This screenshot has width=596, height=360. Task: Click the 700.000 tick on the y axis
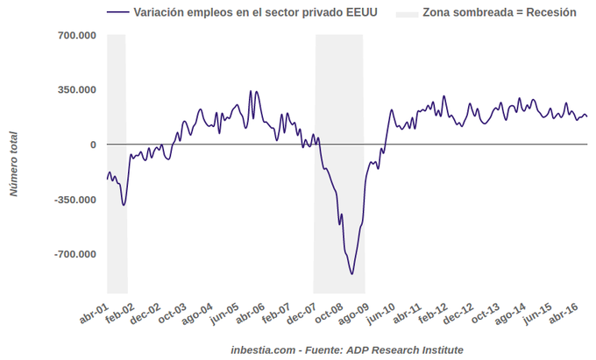coord(77,35)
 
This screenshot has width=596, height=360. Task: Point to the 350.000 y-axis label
coord(77,89)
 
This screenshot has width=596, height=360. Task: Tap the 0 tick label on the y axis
coord(93,145)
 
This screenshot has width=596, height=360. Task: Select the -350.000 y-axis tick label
coord(75,200)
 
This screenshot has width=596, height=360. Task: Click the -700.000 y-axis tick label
coord(75,254)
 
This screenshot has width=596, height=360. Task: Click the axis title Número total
coord(14,163)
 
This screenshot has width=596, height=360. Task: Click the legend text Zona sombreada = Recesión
coord(500,13)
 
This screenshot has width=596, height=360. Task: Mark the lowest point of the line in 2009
coord(352,274)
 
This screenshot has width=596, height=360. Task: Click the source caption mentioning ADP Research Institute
coord(347,349)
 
